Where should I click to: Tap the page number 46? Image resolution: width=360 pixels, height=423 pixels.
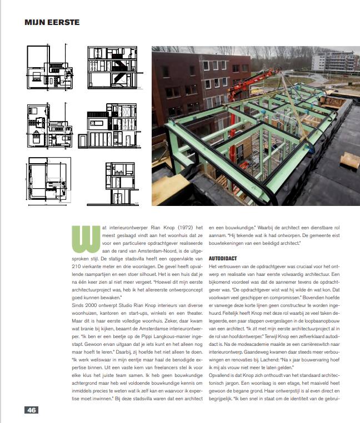pos(31,410)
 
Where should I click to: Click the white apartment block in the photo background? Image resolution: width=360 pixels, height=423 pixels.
pos(336,62)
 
